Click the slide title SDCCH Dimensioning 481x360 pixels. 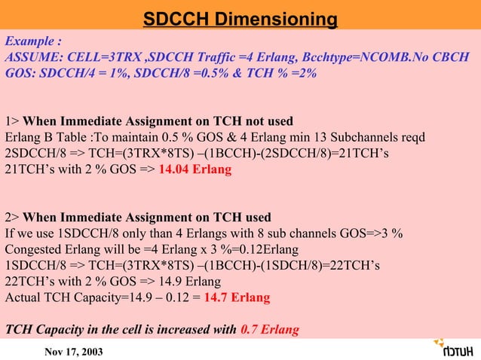pos(240,19)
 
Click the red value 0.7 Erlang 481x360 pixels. pos(270,329)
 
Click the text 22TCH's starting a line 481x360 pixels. pos(30,282)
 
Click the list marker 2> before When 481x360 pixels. pos(12,218)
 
